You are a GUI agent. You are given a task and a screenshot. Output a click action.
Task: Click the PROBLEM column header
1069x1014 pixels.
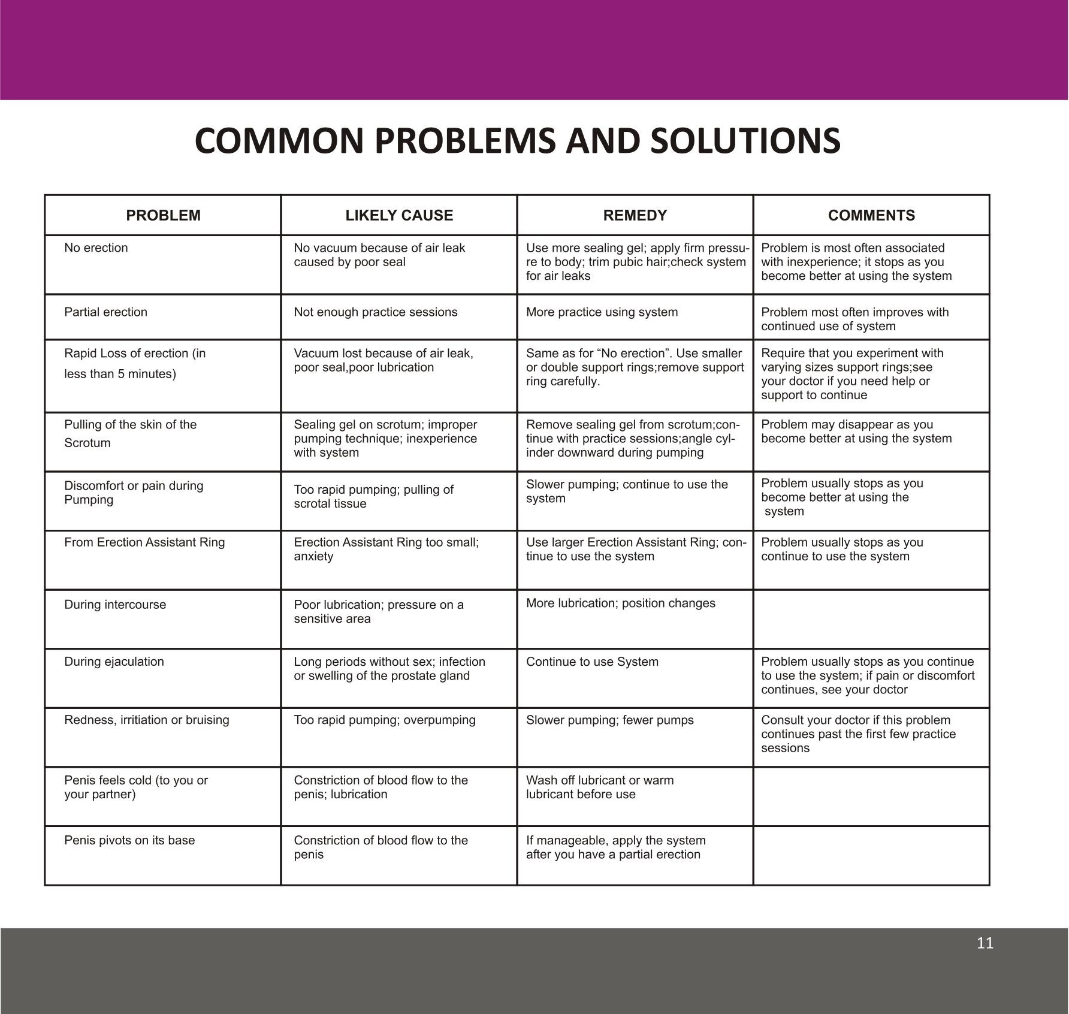(163, 216)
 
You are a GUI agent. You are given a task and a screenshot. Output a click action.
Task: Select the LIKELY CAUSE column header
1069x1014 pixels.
(399, 216)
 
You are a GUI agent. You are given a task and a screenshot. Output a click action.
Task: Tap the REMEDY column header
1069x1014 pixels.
(635, 216)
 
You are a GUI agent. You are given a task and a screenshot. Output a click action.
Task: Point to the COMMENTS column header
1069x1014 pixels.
(871, 216)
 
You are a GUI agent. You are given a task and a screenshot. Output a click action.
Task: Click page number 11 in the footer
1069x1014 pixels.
(985, 943)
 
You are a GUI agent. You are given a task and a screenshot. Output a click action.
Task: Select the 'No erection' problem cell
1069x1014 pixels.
(96, 248)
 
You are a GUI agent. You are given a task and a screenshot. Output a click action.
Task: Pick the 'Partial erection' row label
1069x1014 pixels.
(105, 312)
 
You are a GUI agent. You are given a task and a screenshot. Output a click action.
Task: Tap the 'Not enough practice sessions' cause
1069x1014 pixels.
(375, 312)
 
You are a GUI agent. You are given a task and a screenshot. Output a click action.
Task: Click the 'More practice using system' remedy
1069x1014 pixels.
(602, 312)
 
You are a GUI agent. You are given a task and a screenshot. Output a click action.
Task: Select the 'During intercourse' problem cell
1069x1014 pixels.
(115, 605)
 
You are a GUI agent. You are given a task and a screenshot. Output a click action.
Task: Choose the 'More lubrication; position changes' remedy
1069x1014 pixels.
(620, 603)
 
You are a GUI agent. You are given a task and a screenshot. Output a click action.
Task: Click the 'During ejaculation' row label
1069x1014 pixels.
(114, 662)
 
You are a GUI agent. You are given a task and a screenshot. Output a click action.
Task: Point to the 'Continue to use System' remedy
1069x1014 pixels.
(592, 662)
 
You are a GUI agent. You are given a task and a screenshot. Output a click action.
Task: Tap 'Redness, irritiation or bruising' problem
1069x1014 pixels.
(146, 720)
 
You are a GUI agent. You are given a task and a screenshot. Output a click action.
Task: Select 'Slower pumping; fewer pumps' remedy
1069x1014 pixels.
(609, 720)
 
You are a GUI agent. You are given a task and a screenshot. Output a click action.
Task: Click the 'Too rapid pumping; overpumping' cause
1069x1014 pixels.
(384, 720)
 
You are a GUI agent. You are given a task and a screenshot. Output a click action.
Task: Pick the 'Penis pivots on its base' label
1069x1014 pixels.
(129, 840)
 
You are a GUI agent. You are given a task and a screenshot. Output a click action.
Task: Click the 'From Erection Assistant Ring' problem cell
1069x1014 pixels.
(144, 542)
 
